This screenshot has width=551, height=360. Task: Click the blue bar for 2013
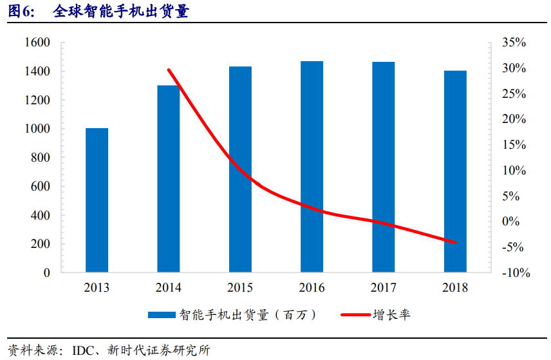point(97,200)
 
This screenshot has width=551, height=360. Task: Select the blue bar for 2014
point(169,178)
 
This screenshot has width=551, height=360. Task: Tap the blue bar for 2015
point(240,169)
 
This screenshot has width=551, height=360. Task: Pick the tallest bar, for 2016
point(312,167)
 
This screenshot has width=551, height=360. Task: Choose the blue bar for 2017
point(384,167)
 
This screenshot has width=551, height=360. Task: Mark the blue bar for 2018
point(455,171)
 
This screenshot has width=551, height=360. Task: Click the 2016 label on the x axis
point(312,287)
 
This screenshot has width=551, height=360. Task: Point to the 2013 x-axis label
point(97,287)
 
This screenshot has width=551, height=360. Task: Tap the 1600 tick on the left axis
point(37,43)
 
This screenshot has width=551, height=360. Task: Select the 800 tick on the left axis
point(40,158)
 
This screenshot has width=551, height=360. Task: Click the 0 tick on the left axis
point(46,272)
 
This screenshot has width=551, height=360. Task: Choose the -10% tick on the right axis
point(515,272)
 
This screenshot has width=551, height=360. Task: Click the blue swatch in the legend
point(162,315)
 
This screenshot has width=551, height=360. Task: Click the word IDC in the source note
point(83,350)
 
